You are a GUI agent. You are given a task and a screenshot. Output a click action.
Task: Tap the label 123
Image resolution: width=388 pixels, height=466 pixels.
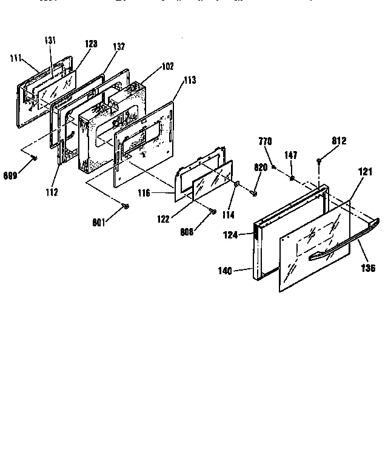91,44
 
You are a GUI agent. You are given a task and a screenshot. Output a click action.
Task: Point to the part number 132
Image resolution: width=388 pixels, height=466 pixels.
118,47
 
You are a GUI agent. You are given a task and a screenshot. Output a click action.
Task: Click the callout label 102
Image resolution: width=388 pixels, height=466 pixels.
166,66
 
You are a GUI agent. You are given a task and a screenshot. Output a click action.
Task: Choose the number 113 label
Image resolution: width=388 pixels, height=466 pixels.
189,80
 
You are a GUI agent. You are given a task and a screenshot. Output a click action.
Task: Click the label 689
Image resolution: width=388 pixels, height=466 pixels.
10,175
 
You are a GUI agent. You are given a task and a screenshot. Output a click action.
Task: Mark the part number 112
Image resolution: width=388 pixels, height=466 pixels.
51,193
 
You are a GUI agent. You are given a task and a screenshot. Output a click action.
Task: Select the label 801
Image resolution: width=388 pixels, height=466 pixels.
99,222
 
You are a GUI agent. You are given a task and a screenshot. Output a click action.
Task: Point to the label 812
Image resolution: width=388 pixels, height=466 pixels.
339,141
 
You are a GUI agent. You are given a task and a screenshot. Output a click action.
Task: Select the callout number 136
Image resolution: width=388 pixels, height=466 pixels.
368,268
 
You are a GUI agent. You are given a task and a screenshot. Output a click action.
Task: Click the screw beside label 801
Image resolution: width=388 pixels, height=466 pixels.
125,207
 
